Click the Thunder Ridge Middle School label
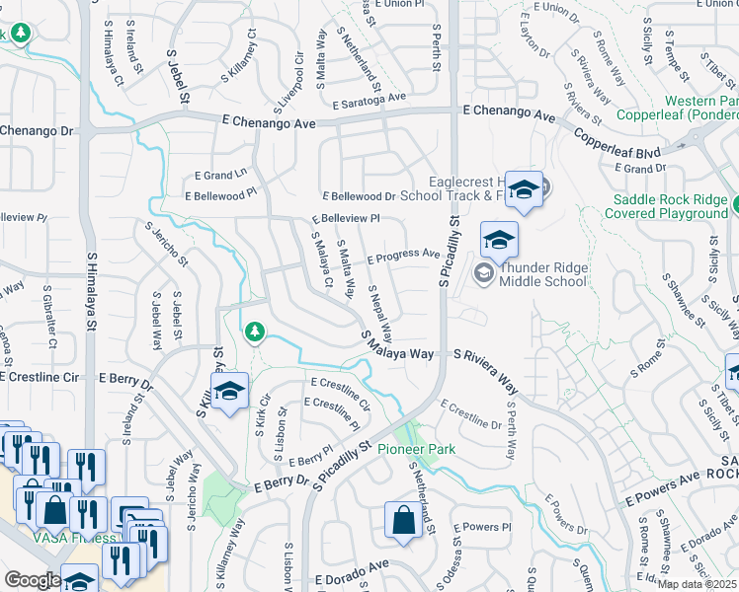[544, 274]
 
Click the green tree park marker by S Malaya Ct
[255, 332]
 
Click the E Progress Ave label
[403, 256]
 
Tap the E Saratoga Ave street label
[369, 101]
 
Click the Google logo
[33, 580]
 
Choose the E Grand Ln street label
[220, 175]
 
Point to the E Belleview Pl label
[345, 218]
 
